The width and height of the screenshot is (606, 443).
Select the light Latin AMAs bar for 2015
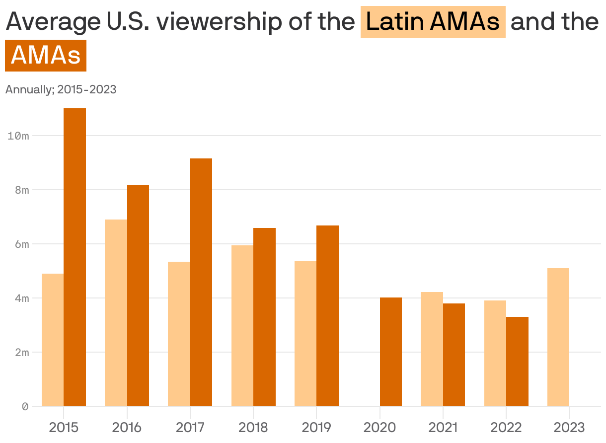point(53,340)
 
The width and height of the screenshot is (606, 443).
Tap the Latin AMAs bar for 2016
point(116,313)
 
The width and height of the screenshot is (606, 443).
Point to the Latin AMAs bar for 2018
point(242,326)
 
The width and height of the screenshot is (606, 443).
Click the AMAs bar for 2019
point(327,316)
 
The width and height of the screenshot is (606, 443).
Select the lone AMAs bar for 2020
point(391,352)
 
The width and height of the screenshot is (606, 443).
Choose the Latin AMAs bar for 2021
point(432,349)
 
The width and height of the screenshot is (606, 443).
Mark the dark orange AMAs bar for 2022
point(517,362)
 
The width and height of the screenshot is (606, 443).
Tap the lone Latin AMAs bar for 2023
point(558,337)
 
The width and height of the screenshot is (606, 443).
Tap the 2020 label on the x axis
point(379,427)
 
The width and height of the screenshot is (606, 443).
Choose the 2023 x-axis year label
point(569,427)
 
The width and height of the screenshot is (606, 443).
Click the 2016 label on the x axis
point(127,427)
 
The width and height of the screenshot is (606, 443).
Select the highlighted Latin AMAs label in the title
point(433,22)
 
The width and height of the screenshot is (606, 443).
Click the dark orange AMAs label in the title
point(46,55)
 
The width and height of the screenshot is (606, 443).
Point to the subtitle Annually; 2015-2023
point(61,89)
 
